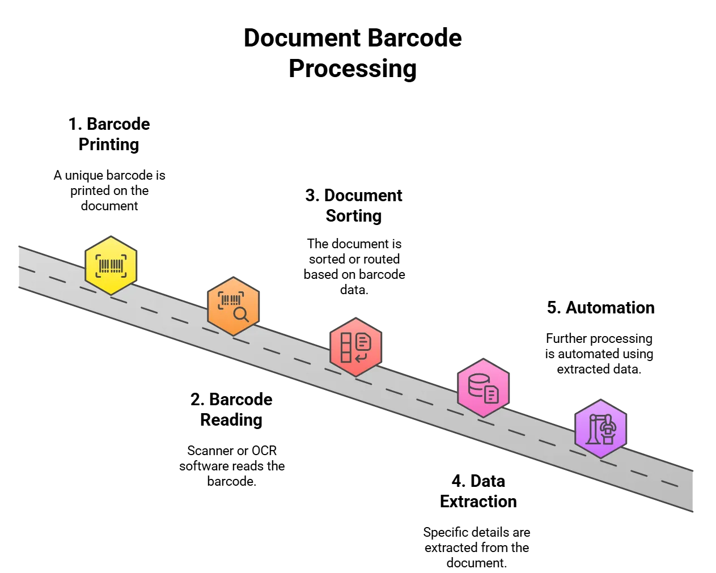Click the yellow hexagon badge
click(x=111, y=265)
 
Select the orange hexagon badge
click(x=233, y=306)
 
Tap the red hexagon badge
click(x=355, y=347)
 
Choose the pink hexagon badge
click(x=483, y=388)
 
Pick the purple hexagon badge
click(x=600, y=428)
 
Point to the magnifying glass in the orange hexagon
click(x=241, y=314)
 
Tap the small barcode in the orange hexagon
click(x=230, y=300)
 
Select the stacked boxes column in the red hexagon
click(x=346, y=347)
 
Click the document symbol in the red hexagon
click(x=363, y=342)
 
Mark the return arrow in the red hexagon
click(x=361, y=357)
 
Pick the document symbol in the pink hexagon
click(x=492, y=394)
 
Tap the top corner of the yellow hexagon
click(x=111, y=237)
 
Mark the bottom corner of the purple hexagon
click(x=600, y=457)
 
